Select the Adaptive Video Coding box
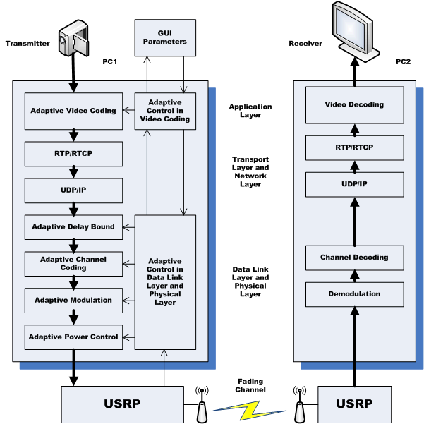click(73, 111)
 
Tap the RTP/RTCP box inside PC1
click(73, 152)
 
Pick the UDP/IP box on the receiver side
click(354, 184)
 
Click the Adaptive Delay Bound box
click(73, 227)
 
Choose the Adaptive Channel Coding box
click(73, 264)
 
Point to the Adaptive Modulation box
click(73, 300)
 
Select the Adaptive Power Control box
click(73, 337)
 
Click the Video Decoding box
click(354, 105)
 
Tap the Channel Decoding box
click(354, 258)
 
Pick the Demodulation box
click(354, 293)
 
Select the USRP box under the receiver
click(354, 404)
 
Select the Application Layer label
click(250, 111)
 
